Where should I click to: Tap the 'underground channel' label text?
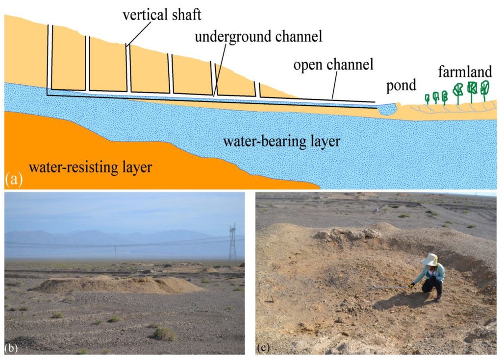258,37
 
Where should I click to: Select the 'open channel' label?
333,64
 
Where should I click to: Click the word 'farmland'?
465,72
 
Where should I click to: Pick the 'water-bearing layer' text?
281,142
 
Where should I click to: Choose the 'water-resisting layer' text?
91,167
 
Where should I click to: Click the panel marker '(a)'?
14,180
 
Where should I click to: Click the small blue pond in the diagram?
387,109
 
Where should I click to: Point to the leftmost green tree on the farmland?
427,98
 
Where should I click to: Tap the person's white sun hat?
430,259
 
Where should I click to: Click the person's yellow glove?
412,285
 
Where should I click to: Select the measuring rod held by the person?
387,288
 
